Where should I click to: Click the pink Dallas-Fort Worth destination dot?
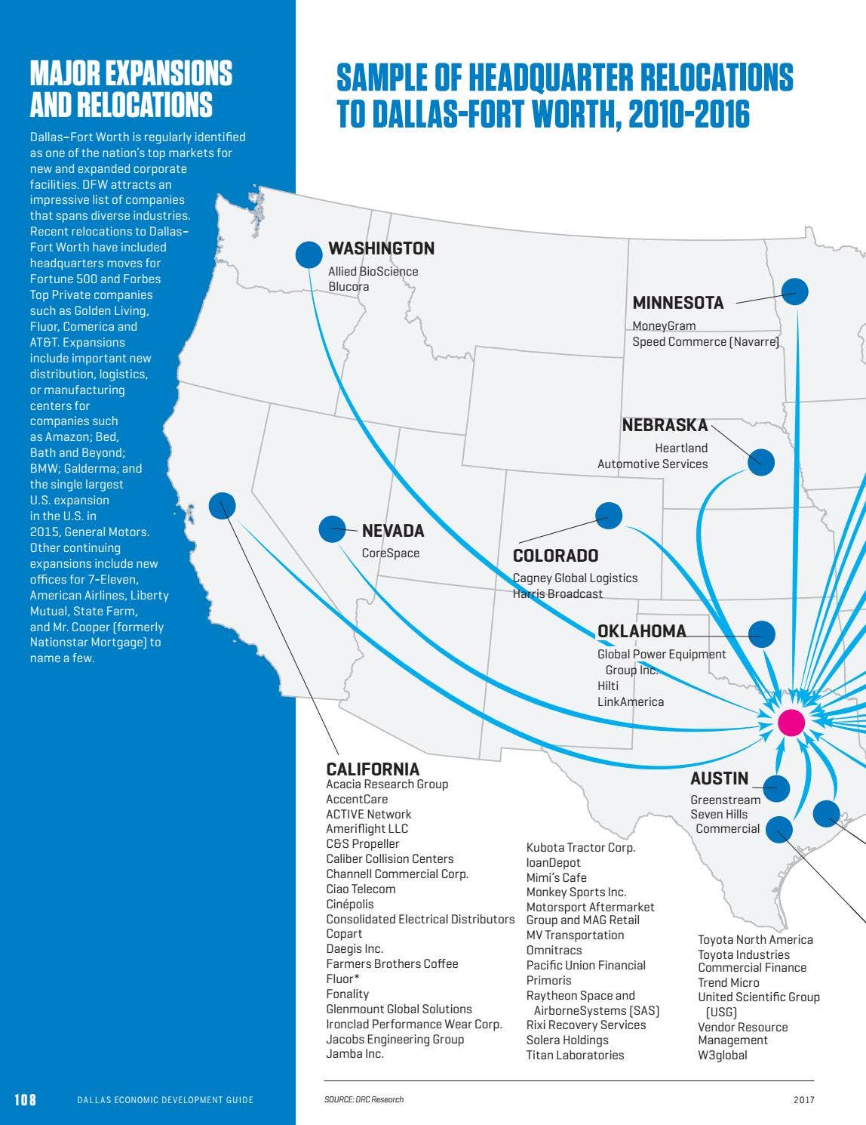tap(791, 723)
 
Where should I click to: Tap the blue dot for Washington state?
tap(309, 254)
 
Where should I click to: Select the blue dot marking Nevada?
tap(332, 529)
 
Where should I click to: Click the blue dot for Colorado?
tap(608, 516)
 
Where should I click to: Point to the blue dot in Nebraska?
tap(760, 462)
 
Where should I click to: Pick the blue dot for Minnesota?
tap(794, 291)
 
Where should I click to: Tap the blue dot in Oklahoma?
tap(762, 634)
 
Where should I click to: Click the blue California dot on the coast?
tap(222, 505)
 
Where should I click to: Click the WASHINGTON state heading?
tap(381, 248)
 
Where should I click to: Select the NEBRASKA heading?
tap(665, 425)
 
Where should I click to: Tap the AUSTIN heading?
tap(719, 778)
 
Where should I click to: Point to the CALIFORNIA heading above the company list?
tap(373, 769)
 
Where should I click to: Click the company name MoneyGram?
tap(664, 325)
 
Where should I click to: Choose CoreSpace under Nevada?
tap(390, 553)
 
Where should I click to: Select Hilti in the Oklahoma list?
tap(608, 686)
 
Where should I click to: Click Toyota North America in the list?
tap(755, 939)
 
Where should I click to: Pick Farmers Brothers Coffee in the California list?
tap(392, 963)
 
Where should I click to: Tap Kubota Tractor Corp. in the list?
tap(580, 847)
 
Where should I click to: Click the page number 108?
tap(25, 1099)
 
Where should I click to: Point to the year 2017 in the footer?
tap(803, 1100)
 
